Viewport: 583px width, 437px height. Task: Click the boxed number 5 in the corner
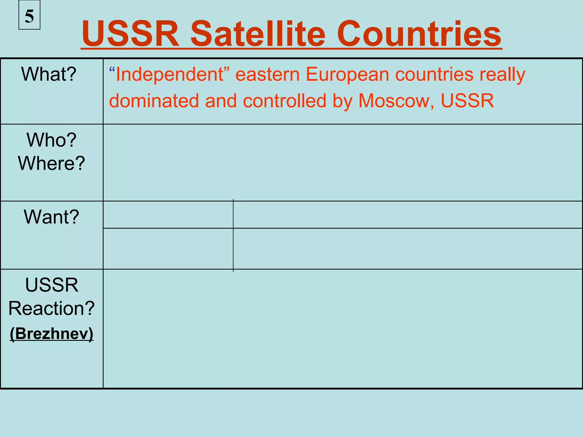(29, 16)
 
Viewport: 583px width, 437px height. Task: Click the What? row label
(49, 74)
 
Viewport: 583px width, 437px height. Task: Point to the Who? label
(52, 140)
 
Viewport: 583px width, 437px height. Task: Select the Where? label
(52, 163)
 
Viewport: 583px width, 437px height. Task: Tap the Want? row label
(52, 217)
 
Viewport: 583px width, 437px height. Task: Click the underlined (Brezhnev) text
(52, 333)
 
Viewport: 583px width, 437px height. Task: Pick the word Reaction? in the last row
(52, 308)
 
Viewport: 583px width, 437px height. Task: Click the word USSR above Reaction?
(52, 285)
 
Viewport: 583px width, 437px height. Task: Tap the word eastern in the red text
(267, 75)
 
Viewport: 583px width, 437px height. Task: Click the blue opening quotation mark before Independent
(112, 70)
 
